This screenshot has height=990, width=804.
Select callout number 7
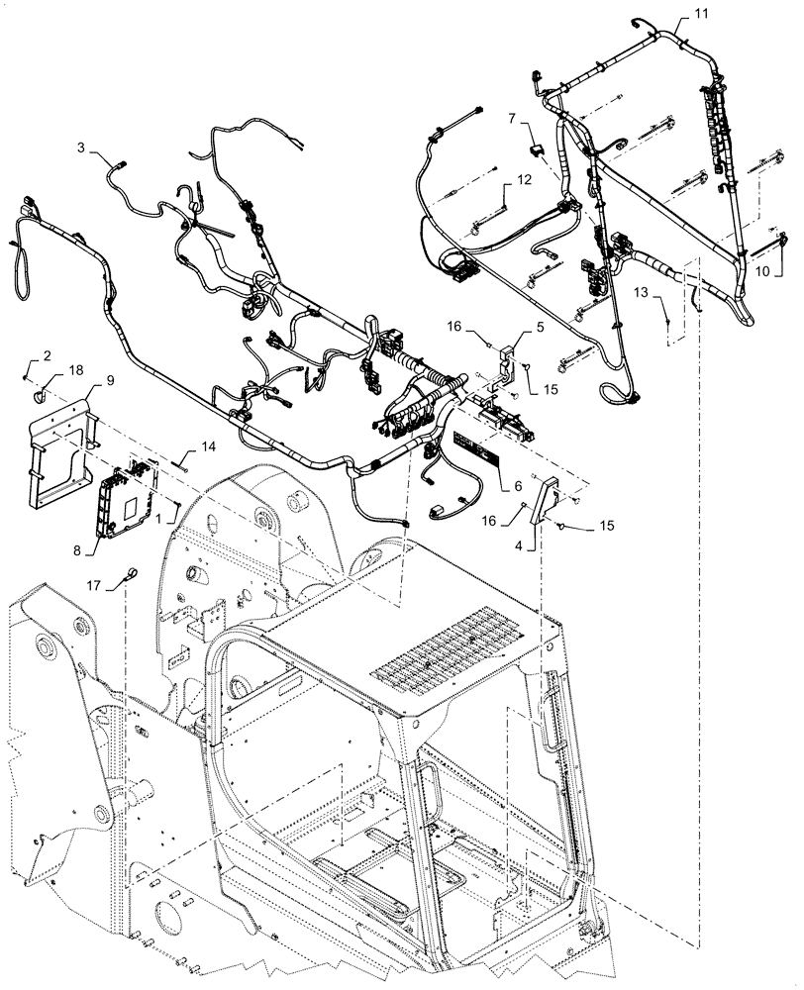(512, 119)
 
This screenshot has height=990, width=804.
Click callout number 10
(763, 269)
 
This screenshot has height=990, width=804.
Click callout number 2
(45, 354)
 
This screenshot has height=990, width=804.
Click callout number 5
(540, 326)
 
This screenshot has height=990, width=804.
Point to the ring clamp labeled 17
(130, 573)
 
